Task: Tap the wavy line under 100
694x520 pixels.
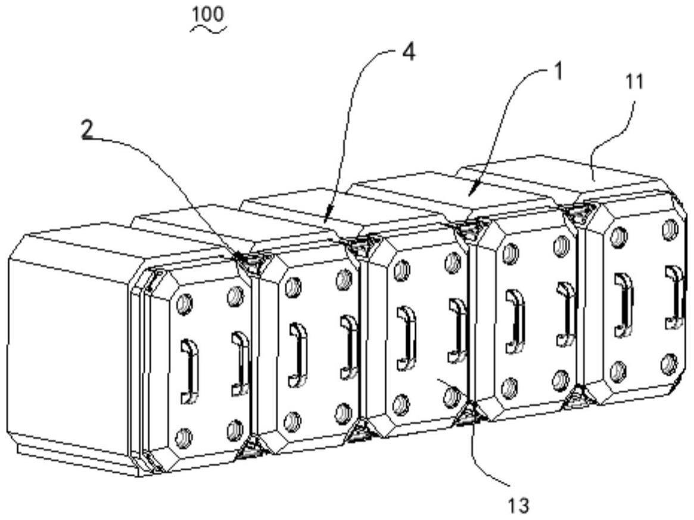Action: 207,29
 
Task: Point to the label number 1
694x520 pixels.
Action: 558,71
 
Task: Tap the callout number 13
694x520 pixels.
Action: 518,506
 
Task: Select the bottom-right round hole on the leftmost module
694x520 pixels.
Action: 235,429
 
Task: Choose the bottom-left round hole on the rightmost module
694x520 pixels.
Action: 619,372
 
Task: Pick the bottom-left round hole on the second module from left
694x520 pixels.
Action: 292,422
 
